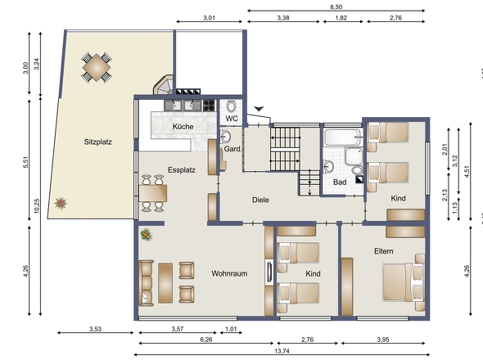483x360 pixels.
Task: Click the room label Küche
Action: point(182,127)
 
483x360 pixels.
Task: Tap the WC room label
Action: point(232,119)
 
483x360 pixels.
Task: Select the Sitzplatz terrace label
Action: point(97,142)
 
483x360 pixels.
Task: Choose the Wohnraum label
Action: point(229,273)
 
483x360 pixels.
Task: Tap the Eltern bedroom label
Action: point(385,250)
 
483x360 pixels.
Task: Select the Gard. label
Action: point(232,149)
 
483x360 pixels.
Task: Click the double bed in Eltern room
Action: point(404,282)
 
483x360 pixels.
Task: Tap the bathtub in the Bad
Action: point(344,136)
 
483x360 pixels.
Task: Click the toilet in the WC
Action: point(232,106)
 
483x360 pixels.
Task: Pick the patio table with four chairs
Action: point(97,66)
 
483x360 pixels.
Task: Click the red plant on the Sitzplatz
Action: point(60,202)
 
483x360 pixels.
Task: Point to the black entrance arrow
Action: point(260,109)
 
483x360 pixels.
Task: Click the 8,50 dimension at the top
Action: point(336,6)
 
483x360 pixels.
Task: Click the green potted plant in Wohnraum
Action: point(147,235)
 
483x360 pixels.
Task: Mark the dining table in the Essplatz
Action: point(153,192)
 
